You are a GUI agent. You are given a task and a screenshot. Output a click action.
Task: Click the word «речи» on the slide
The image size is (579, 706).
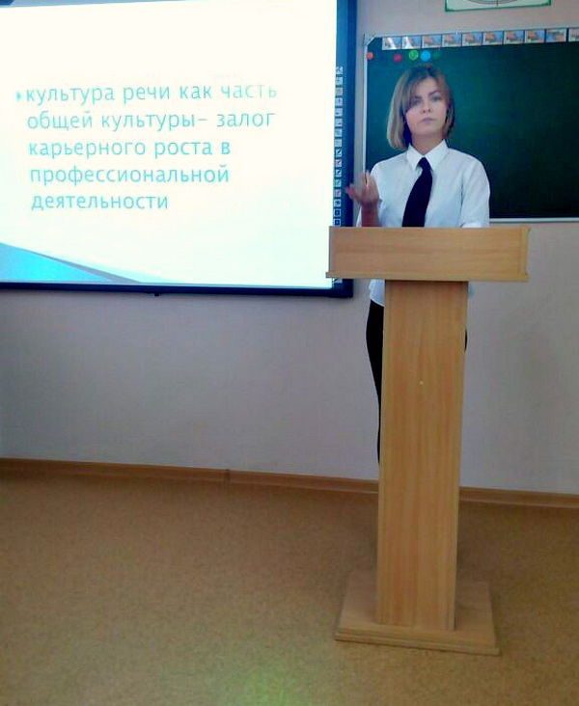pyautogui.click(x=147, y=94)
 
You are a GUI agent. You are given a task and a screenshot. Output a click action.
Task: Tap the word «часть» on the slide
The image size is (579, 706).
pyautogui.click(x=249, y=92)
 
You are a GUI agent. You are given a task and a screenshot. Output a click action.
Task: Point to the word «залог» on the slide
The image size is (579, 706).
pyautogui.click(x=245, y=121)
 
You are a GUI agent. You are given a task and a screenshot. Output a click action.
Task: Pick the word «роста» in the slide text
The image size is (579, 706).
pyautogui.click(x=183, y=149)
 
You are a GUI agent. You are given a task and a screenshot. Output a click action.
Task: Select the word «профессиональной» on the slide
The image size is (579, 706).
pyautogui.click(x=129, y=176)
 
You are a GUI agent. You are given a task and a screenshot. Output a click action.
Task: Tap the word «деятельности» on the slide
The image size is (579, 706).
pyautogui.click(x=99, y=202)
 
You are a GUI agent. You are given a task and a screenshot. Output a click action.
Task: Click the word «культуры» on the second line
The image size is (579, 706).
pyautogui.click(x=148, y=121)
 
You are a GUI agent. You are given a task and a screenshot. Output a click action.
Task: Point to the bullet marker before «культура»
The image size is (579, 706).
pyautogui.click(x=19, y=95)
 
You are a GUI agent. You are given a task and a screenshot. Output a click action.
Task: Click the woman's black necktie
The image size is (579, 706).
pyautogui.click(x=418, y=193)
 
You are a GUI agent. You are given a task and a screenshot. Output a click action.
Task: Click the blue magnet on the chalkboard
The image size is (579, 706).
pyautogui.click(x=426, y=56)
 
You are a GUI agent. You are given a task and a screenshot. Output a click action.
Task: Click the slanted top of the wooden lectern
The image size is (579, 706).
pyautogui.click(x=428, y=254)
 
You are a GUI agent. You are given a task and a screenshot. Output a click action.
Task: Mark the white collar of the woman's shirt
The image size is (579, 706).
pyautogui.click(x=427, y=155)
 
